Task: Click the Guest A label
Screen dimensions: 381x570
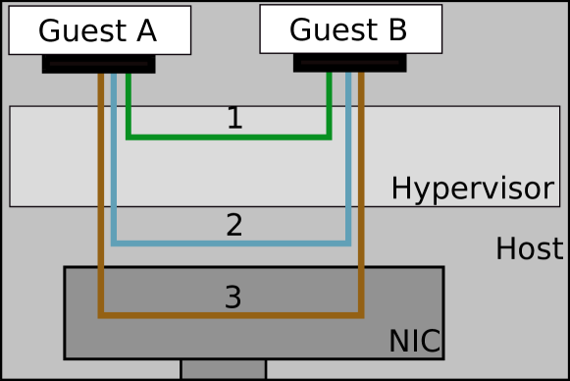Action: click(98, 30)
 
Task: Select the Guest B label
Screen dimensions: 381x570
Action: click(349, 29)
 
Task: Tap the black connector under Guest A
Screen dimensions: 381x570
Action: click(98, 64)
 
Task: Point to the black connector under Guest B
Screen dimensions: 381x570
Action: click(349, 63)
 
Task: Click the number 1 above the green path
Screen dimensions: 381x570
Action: click(233, 119)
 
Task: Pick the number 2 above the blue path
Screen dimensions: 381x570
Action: click(233, 226)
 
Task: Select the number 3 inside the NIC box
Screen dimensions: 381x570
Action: click(233, 298)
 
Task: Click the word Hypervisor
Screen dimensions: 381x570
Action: click(472, 189)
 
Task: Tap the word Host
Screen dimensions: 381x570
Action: click(529, 249)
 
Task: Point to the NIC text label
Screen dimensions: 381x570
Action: click(414, 342)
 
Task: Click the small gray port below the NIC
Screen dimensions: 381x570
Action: click(223, 369)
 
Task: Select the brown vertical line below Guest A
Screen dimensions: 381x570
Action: click(100, 196)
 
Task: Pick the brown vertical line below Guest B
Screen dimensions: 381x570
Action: click(361, 196)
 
